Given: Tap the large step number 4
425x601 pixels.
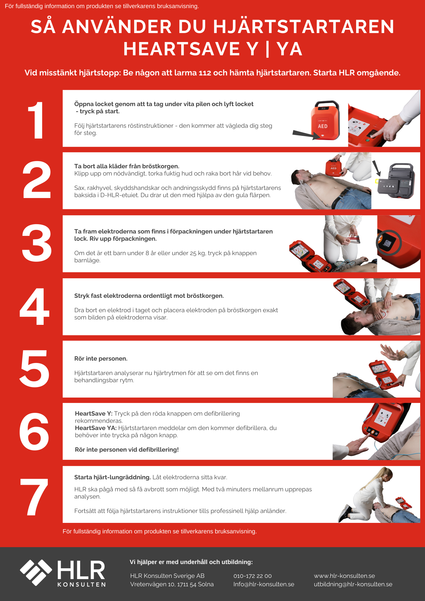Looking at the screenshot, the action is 35,307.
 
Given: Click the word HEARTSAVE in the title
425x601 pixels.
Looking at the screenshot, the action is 182,49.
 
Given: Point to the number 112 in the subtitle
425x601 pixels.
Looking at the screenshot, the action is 205,73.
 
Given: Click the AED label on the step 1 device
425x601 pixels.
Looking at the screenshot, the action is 323,126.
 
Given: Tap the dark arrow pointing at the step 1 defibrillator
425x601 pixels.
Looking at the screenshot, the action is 307,135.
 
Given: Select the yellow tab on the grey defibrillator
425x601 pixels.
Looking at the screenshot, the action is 377,181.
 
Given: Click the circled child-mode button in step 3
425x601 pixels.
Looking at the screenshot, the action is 388,243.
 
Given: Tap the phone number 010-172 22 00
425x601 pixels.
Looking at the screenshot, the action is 252,576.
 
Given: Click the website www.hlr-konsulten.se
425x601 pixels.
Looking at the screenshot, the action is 344,576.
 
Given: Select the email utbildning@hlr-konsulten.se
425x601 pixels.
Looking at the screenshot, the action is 353,584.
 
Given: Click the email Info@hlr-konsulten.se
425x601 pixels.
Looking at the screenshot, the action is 264,584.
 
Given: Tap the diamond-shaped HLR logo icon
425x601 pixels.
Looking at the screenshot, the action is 36,572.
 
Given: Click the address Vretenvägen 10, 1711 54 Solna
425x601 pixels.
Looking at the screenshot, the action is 172,584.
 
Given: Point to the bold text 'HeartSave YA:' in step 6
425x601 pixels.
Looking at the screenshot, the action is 96,428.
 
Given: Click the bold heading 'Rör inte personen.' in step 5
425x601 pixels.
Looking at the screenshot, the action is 101,358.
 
